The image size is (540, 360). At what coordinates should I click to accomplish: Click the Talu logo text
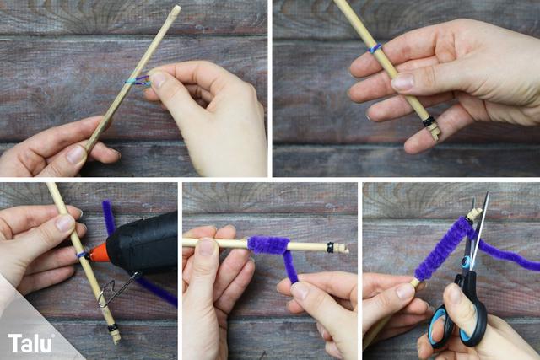pos(30,342)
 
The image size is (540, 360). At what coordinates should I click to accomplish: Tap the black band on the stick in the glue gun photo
pos(112,328)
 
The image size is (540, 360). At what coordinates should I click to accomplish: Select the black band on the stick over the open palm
pos(429,122)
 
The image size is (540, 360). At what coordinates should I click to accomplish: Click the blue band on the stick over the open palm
pos(375,48)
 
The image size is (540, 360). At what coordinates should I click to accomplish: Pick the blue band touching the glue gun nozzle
pos(83,254)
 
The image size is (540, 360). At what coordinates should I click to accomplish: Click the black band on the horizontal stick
pos(331,247)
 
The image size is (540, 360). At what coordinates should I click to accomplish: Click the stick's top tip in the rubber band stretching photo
pos(175,9)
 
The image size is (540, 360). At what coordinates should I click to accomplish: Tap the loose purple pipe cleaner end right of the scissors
pos(515,257)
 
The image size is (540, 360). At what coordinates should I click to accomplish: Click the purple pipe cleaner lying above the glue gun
pos(108,218)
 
